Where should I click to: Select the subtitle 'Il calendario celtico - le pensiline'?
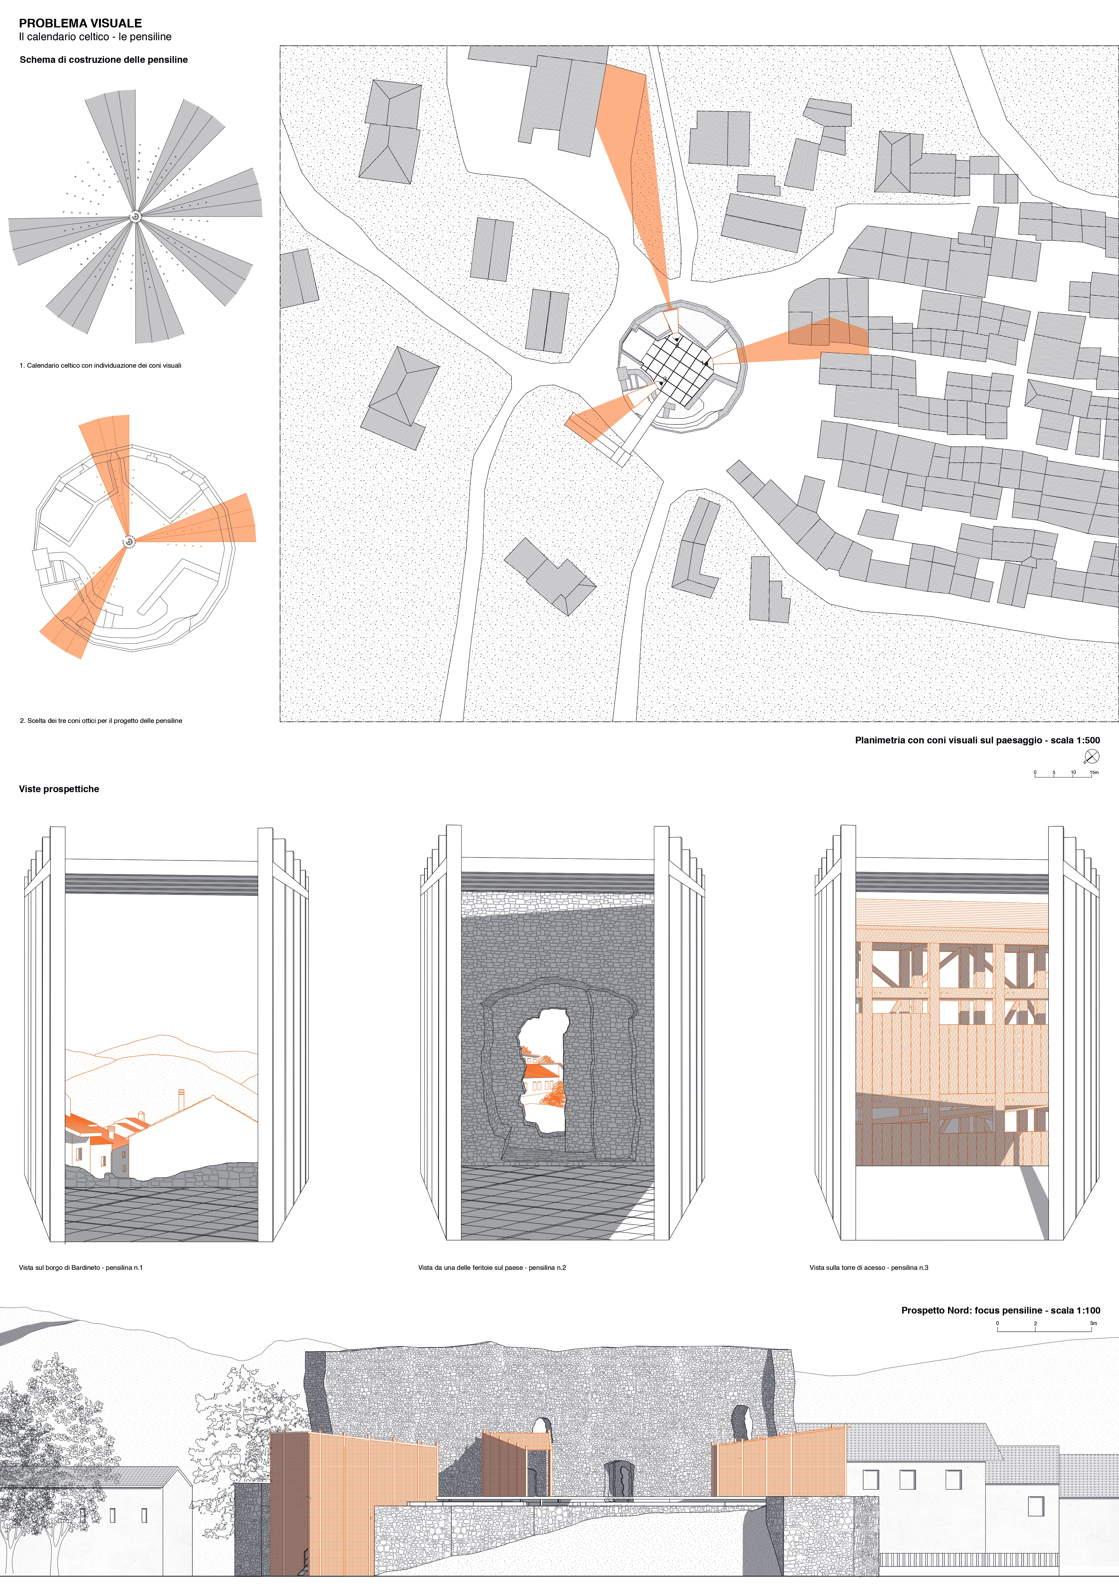(x=95, y=37)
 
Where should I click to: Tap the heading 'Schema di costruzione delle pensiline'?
(x=103, y=59)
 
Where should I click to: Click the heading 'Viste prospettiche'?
(x=59, y=789)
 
